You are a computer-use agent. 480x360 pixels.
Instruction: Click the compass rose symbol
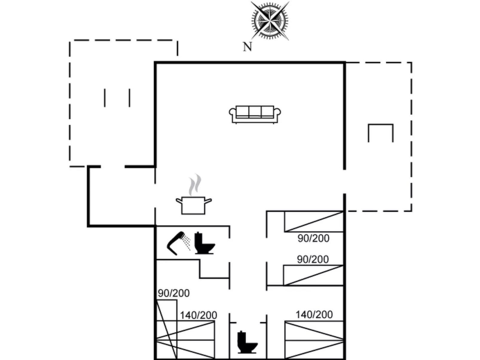pos(270,21)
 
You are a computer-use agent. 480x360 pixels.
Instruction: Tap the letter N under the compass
pos(247,47)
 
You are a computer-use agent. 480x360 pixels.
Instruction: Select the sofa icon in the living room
pos(255,114)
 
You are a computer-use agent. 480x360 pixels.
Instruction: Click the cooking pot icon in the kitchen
pos(193,205)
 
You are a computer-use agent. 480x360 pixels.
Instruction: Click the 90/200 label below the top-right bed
pos(313,238)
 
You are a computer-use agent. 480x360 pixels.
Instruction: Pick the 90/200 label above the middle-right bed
pos(313,259)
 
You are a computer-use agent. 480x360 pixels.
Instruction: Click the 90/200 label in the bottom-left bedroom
pos(174,293)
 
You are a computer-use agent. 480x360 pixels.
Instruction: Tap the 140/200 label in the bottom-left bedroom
pos(198,315)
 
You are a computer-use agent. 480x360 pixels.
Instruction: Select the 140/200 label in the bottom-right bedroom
pos(314,315)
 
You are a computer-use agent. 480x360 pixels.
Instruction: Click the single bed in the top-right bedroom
pos(314,222)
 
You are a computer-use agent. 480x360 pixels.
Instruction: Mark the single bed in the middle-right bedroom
pos(313,275)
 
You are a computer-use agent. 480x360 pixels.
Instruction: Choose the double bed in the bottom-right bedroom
pos(314,340)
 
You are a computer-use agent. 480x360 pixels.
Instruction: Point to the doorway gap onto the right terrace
pos(344,182)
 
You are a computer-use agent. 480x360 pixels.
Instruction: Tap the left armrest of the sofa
pos(233,113)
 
